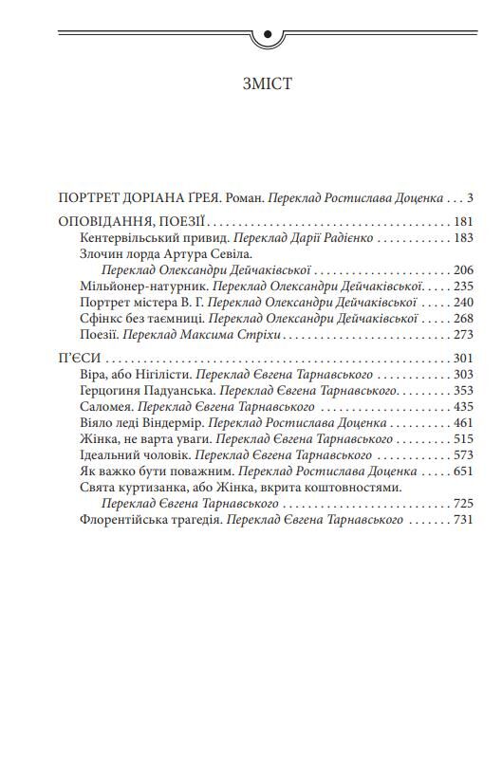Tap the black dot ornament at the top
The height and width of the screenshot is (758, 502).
[267, 36]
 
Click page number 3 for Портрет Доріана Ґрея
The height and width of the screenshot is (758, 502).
[470, 198]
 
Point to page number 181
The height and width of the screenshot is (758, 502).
[461, 222]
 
